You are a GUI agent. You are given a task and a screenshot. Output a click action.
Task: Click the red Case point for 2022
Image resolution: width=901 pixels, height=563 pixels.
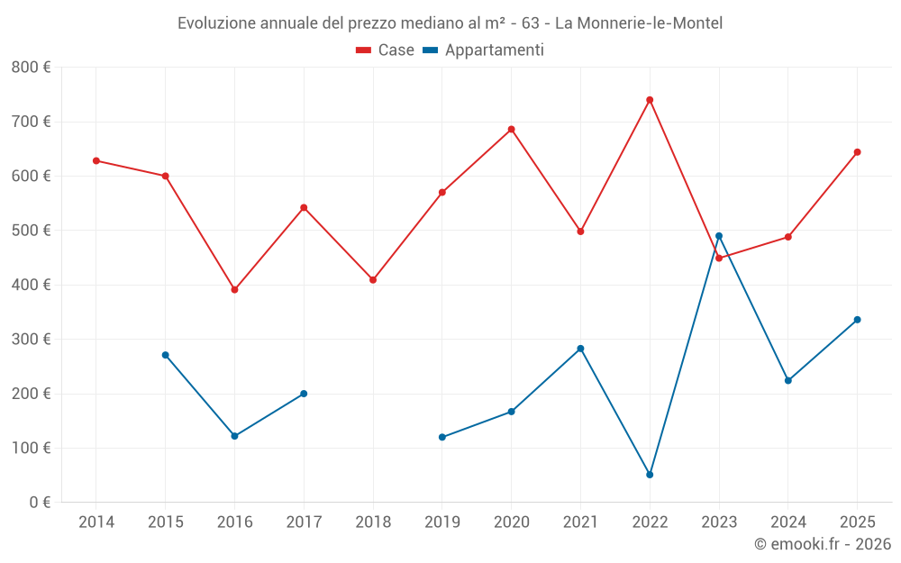click(650, 100)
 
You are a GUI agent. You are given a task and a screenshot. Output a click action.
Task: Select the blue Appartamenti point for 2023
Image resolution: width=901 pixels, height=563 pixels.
click(719, 236)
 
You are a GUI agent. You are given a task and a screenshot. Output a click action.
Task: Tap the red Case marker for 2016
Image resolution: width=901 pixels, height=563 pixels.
click(234, 290)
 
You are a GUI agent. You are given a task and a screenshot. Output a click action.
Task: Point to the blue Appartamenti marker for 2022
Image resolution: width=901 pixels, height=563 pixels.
click(650, 475)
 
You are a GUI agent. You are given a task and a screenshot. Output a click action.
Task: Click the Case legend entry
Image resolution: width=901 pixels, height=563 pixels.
click(386, 50)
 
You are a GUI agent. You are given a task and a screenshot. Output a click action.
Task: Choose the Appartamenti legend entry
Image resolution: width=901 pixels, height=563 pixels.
click(484, 50)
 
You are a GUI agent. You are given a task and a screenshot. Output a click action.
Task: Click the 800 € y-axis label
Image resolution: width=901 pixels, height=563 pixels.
click(32, 68)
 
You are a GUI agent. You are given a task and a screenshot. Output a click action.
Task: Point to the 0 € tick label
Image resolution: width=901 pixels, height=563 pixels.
click(40, 503)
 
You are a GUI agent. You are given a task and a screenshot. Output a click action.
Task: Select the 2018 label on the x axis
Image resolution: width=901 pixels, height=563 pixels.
click(373, 522)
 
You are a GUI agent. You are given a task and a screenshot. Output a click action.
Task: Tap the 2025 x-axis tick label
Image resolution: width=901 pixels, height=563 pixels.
click(857, 522)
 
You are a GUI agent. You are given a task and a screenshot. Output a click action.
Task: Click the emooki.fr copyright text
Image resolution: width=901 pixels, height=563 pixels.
click(823, 544)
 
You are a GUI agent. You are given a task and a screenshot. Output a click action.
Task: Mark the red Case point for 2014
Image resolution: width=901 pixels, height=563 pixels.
click(96, 161)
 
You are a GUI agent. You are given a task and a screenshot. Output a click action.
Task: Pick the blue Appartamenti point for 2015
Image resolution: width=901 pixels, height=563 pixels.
click(166, 355)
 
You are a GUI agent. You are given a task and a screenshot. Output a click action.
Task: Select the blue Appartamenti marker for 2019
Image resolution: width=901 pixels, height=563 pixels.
click(442, 437)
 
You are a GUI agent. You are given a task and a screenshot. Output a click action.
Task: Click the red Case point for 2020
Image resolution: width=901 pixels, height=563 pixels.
click(512, 130)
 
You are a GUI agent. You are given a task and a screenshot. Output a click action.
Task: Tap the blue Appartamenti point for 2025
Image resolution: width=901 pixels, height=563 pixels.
click(857, 320)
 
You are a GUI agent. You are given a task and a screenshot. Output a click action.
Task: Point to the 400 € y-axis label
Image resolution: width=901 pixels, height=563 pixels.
click(32, 286)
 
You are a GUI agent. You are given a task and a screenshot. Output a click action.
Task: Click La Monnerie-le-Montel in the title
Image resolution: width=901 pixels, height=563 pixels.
click(638, 23)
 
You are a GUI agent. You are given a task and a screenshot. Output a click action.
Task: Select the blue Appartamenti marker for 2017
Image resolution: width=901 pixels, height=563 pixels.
click(304, 394)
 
